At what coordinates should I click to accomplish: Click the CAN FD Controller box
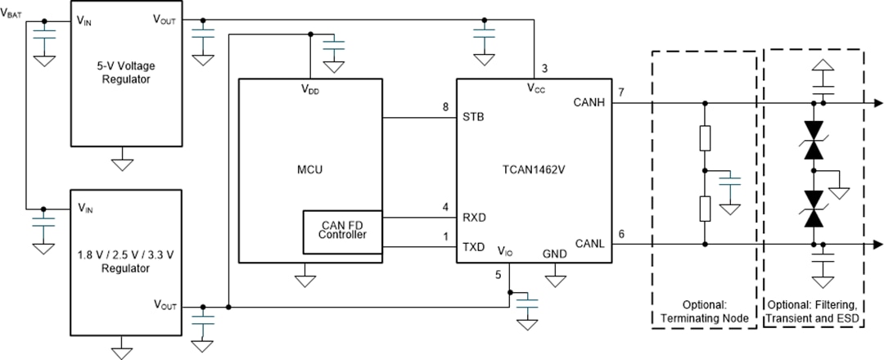[343, 230]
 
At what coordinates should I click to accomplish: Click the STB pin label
[473, 116]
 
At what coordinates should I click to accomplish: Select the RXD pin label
[476, 218]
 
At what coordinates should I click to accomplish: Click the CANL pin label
[589, 243]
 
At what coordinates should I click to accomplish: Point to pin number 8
[445, 106]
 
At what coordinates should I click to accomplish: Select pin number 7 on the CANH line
[621, 92]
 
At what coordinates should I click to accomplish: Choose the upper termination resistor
[705, 137]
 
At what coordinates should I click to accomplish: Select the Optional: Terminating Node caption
[704, 310]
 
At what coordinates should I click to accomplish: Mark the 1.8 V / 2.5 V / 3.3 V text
[122, 256]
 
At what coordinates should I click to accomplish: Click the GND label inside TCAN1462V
[555, 254]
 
